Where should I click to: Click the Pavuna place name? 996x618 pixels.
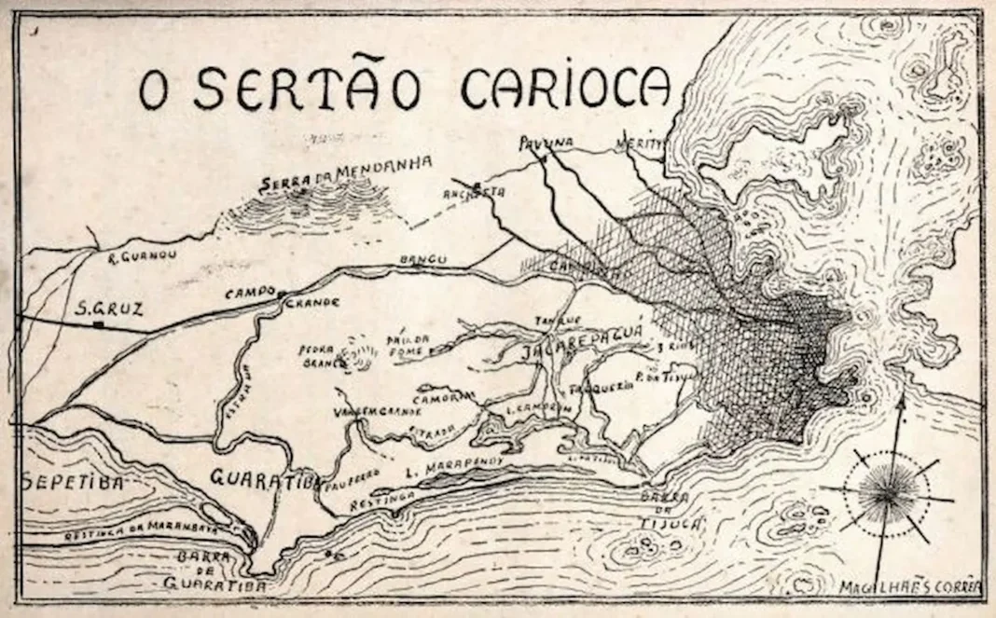pos(546,143)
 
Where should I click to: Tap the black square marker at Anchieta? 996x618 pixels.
pos(477,184)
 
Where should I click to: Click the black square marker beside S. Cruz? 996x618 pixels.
pos(98,324)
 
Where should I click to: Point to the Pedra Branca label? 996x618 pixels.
pos(317,357)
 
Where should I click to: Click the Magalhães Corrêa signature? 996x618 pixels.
pos(908,588)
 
